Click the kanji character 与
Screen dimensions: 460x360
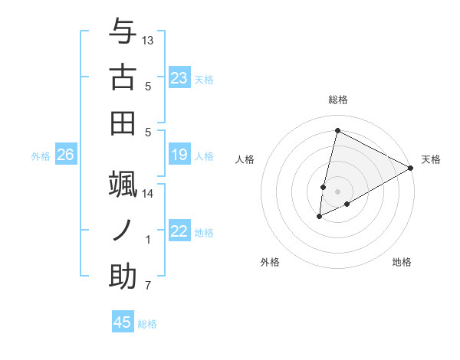tap(123, 31)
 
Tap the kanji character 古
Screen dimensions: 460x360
tap(123, 77)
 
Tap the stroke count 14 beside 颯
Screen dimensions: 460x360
tap(148, 194)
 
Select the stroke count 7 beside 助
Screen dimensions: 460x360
tap(148, 286)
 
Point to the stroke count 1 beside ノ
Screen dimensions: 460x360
tap(148, 240)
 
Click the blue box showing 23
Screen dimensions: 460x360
tap(179, 78)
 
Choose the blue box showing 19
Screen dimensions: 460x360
tap(179, 155)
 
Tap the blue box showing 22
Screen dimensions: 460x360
tap(179, 231)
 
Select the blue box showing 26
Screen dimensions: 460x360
tap(66, 155)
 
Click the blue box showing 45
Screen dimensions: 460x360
tap(123, 322)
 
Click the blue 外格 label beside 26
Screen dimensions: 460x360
tap(41, 156)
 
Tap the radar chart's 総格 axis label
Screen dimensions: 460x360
tap(338, 100)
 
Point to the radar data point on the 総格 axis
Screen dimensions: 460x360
tap(337, 131)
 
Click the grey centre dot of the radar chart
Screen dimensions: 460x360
tap(337, 191)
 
